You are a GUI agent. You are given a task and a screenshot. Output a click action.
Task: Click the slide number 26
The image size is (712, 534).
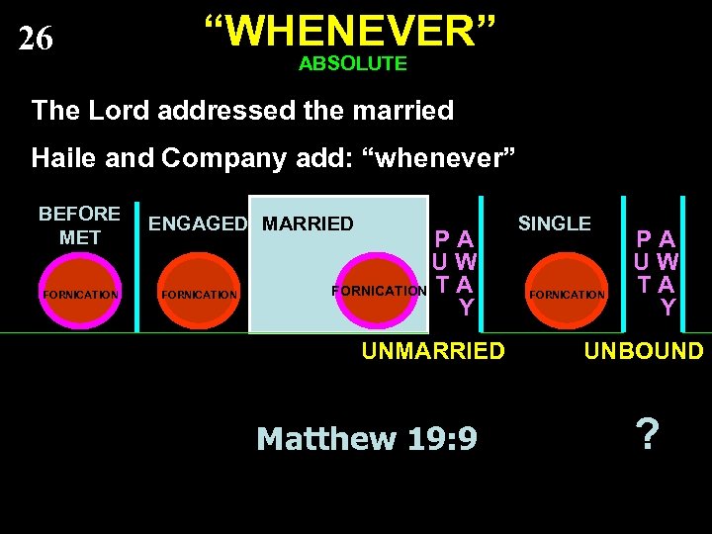(x=36, y=39)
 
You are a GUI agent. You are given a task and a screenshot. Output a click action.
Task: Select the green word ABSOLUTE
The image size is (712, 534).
(x=352, y=64)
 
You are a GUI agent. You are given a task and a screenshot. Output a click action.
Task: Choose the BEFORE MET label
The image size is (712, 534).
(x=79, y=225)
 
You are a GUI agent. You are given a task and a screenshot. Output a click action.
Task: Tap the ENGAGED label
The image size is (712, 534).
(x=198, y=224)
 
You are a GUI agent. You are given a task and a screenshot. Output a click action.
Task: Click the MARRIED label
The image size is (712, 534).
(x=308, y=224)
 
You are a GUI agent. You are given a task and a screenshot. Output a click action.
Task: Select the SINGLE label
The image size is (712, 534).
(x=555, y=224)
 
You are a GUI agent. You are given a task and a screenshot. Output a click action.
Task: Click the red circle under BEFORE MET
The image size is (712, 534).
(x=80, y=294)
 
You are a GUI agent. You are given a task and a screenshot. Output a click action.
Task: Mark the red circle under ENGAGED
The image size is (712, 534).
(x=198, y=294)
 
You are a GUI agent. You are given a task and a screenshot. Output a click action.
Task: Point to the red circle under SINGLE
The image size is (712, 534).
(x=567, y=294)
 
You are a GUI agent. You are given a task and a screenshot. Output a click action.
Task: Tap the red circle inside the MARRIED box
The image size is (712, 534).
(x=379, y=291)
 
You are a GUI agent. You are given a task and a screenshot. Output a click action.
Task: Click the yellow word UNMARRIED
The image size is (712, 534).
(x=433, y=351)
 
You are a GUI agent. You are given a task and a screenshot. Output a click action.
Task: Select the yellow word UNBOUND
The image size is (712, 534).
(x=644, y=351)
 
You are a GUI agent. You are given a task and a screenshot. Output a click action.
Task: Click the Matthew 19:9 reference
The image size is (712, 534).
(x=366, y=438)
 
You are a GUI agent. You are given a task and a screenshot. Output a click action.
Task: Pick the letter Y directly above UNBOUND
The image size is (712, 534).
(x=668, y=308)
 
